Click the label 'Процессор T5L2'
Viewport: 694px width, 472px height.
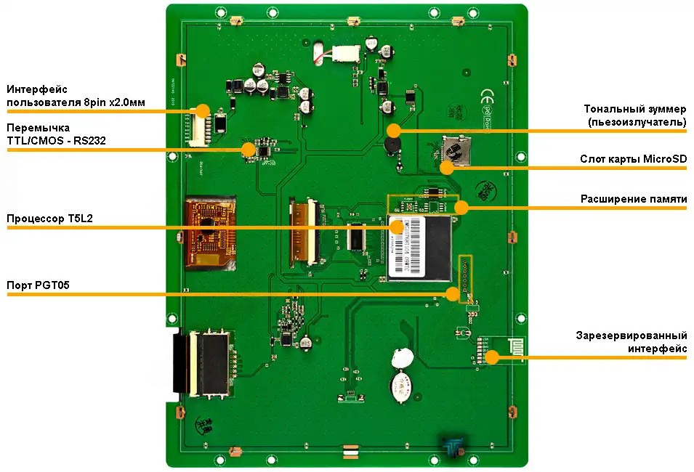50,218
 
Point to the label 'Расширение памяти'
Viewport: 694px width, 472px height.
633,198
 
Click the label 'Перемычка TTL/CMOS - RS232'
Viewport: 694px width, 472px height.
56,134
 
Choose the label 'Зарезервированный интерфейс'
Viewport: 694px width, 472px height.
632,342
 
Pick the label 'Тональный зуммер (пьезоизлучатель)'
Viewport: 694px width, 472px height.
635,115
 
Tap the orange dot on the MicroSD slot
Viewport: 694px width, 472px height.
447,168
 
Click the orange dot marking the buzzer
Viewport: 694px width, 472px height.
394,131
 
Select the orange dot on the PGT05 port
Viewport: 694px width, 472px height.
453,293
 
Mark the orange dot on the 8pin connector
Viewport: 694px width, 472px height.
203,110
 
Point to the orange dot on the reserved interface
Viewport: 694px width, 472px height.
492,357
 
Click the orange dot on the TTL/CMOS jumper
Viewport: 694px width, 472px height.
249,150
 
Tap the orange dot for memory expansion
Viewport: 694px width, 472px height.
460,207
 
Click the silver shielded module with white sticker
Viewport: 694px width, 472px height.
421,247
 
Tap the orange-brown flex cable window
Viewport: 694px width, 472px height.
211,232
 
